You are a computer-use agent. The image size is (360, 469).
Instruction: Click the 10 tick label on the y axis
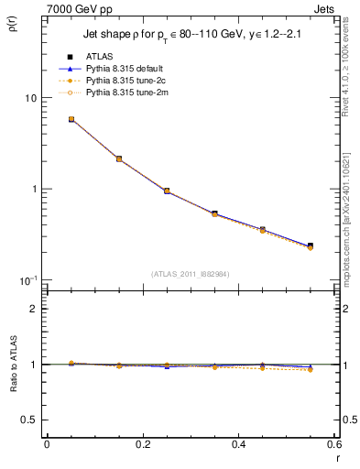(x=29, y=98)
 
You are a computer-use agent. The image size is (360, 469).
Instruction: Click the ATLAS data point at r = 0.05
(x=71, y=119)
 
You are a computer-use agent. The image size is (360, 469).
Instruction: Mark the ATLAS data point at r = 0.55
(x=311, y=245)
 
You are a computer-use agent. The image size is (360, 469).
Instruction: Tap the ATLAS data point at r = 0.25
(x=167, y=191)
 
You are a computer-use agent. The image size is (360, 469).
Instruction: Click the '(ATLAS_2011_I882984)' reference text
(x=190, y=274)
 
